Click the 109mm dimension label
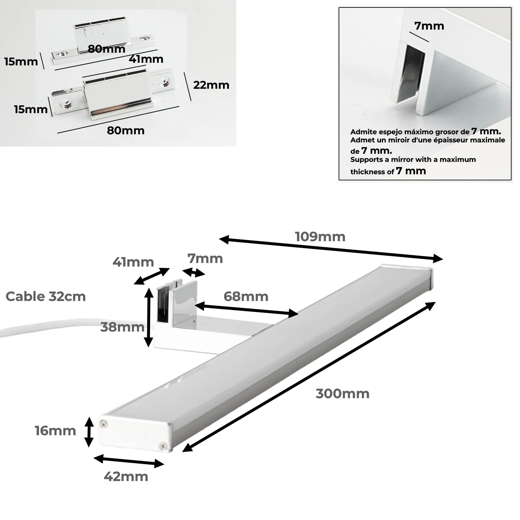[320, 237]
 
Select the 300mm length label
[343, 394]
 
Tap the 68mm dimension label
[246, 296]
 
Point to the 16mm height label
[55, 431]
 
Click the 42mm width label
[126, 476]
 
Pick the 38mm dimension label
[122, 327]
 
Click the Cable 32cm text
[45, 296]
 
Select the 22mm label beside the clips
[211, 85]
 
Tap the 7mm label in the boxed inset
[429, 26]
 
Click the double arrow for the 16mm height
[89, 432]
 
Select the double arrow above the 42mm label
[129, 461]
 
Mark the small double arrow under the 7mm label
[194, 272]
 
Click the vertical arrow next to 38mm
[149, 318]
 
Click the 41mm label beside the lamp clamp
[133, 262]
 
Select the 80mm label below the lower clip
[126, 131]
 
